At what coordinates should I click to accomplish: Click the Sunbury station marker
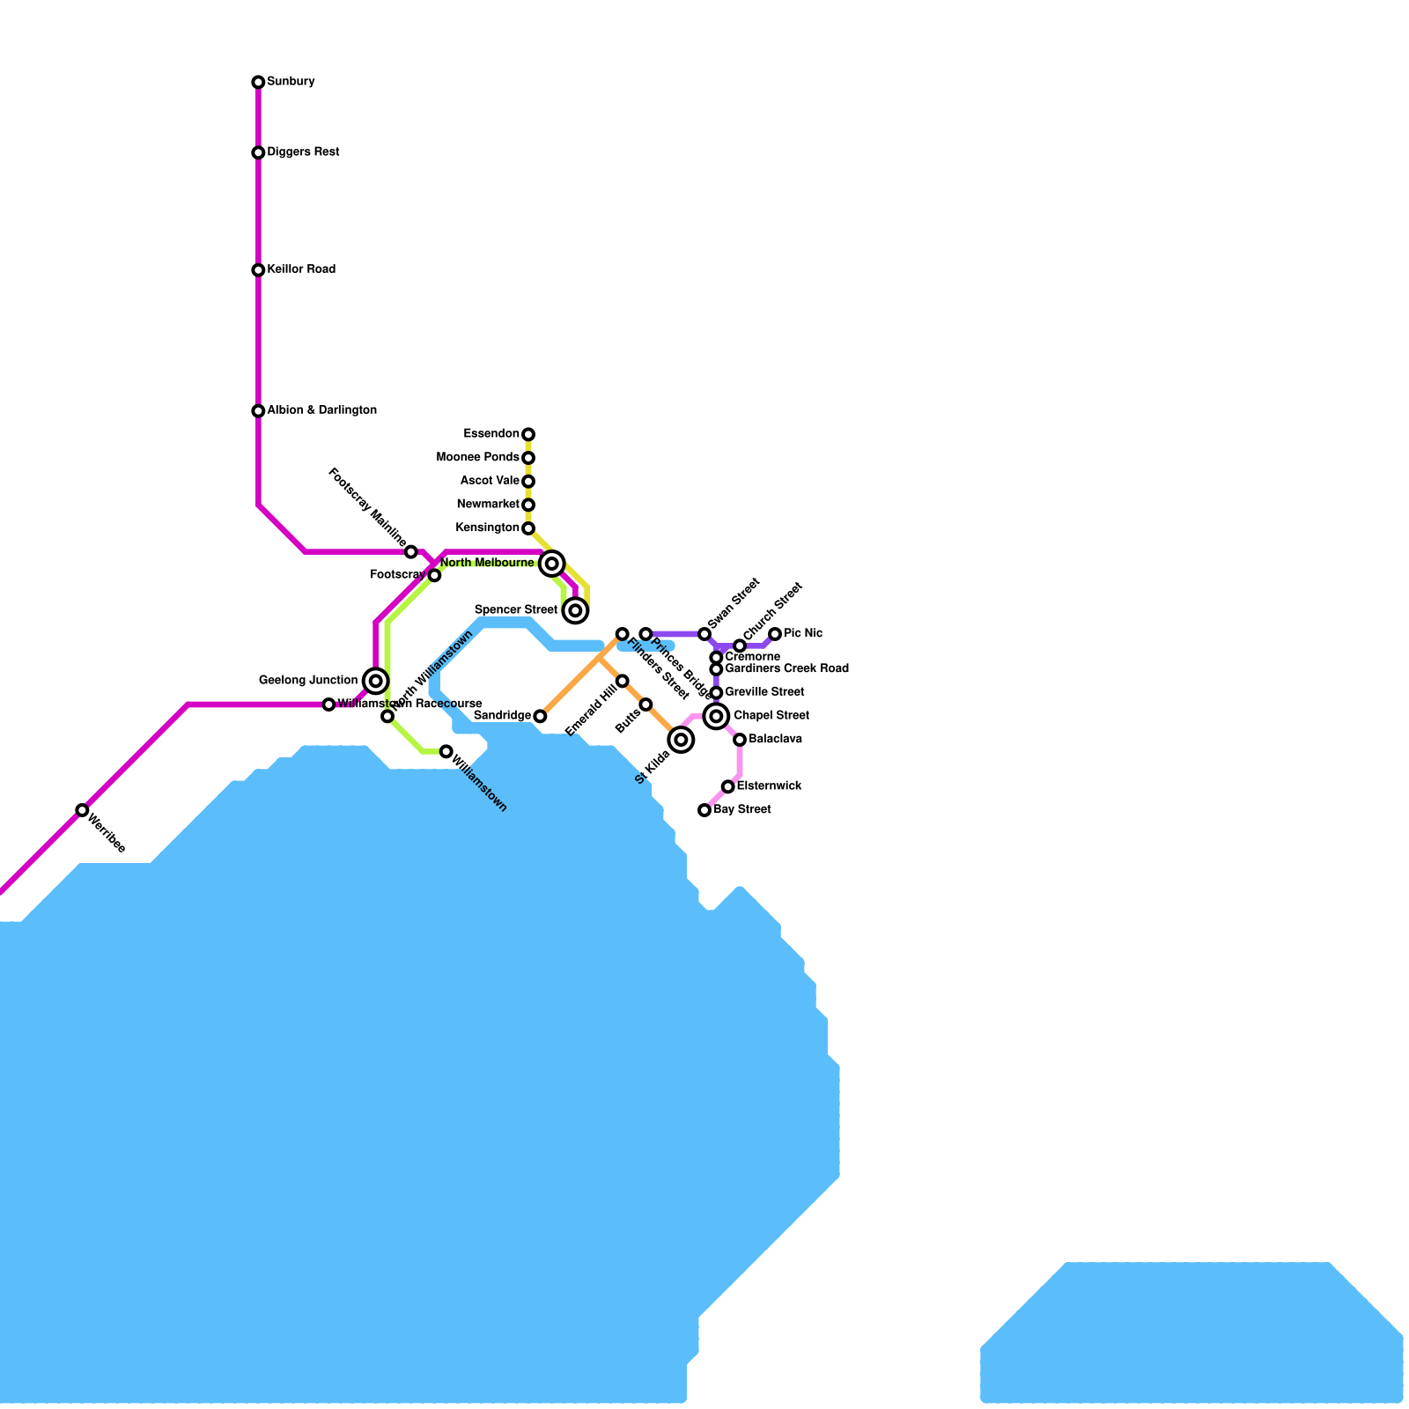click(258, 83)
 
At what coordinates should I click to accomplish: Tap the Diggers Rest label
click(303, 152)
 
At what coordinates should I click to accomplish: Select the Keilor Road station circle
click(258, 270)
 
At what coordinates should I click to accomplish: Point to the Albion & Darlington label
click(321, 410)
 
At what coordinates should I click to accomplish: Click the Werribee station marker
click(82, 810)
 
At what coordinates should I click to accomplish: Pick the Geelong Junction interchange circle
click(376, 681)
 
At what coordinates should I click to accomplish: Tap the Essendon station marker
click(528, 434)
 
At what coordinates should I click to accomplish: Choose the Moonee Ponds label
click(477, 458)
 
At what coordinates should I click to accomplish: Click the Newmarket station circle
click(528, 505)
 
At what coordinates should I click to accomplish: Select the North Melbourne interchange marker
click(552, 564)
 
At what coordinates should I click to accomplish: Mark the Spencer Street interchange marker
click(575, 610)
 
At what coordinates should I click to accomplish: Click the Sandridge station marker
click(540, 717)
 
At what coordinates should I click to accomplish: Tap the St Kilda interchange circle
click(681, 740)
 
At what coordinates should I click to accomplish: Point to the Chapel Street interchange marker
click(717, 717)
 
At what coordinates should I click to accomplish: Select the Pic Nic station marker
click(775, 634)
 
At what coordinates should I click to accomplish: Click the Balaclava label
click(775, 740)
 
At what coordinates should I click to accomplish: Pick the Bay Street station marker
click(704, 810)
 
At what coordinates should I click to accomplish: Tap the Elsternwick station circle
click(728, 786)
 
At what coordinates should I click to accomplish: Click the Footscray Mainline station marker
click(411, 552)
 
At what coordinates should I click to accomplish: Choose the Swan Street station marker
click(704, 634)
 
